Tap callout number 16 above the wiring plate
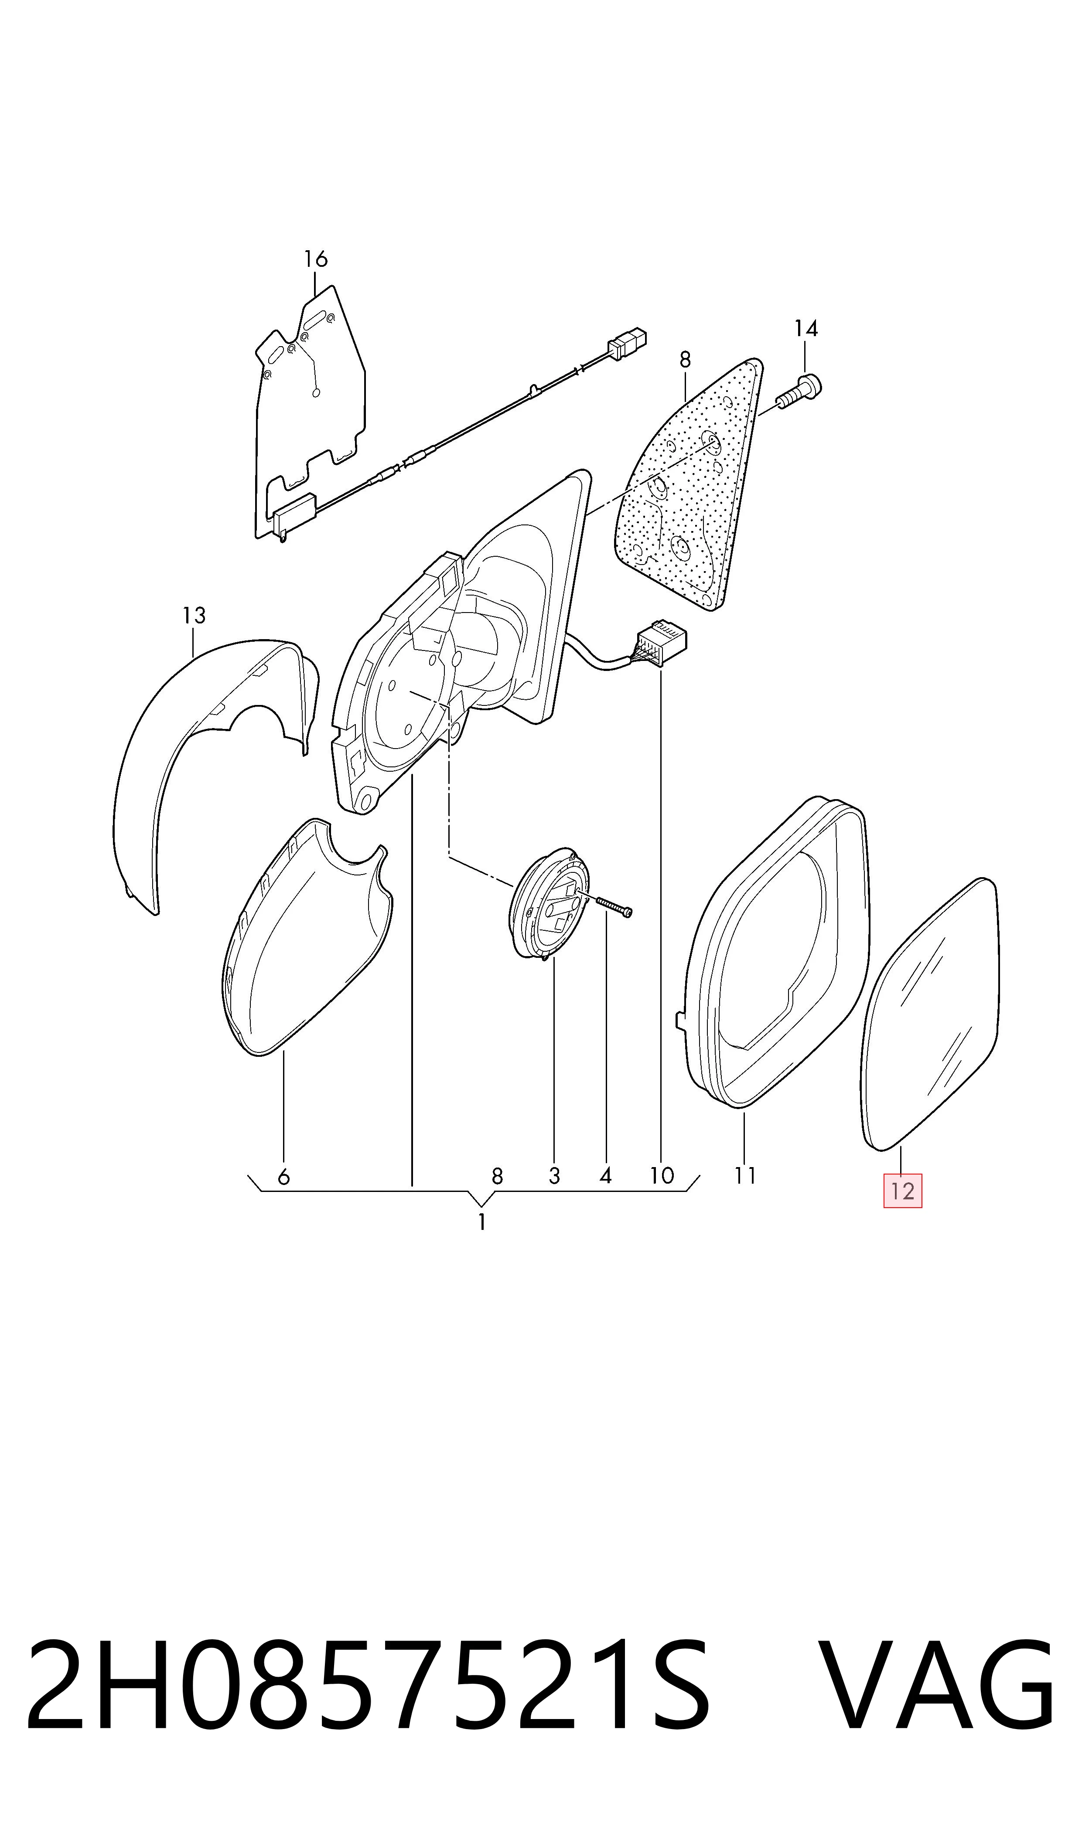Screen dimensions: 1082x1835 pos(316,259)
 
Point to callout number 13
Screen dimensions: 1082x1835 pos(194,616)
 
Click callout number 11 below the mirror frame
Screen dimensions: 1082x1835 pos(744,1175)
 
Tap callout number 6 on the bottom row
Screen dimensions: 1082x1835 pos(283,1176)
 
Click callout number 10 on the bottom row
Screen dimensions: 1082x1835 pos(661,1175)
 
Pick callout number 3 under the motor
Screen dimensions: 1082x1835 pos(554,1176)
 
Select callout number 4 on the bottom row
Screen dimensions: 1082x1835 pos(605,1176)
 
